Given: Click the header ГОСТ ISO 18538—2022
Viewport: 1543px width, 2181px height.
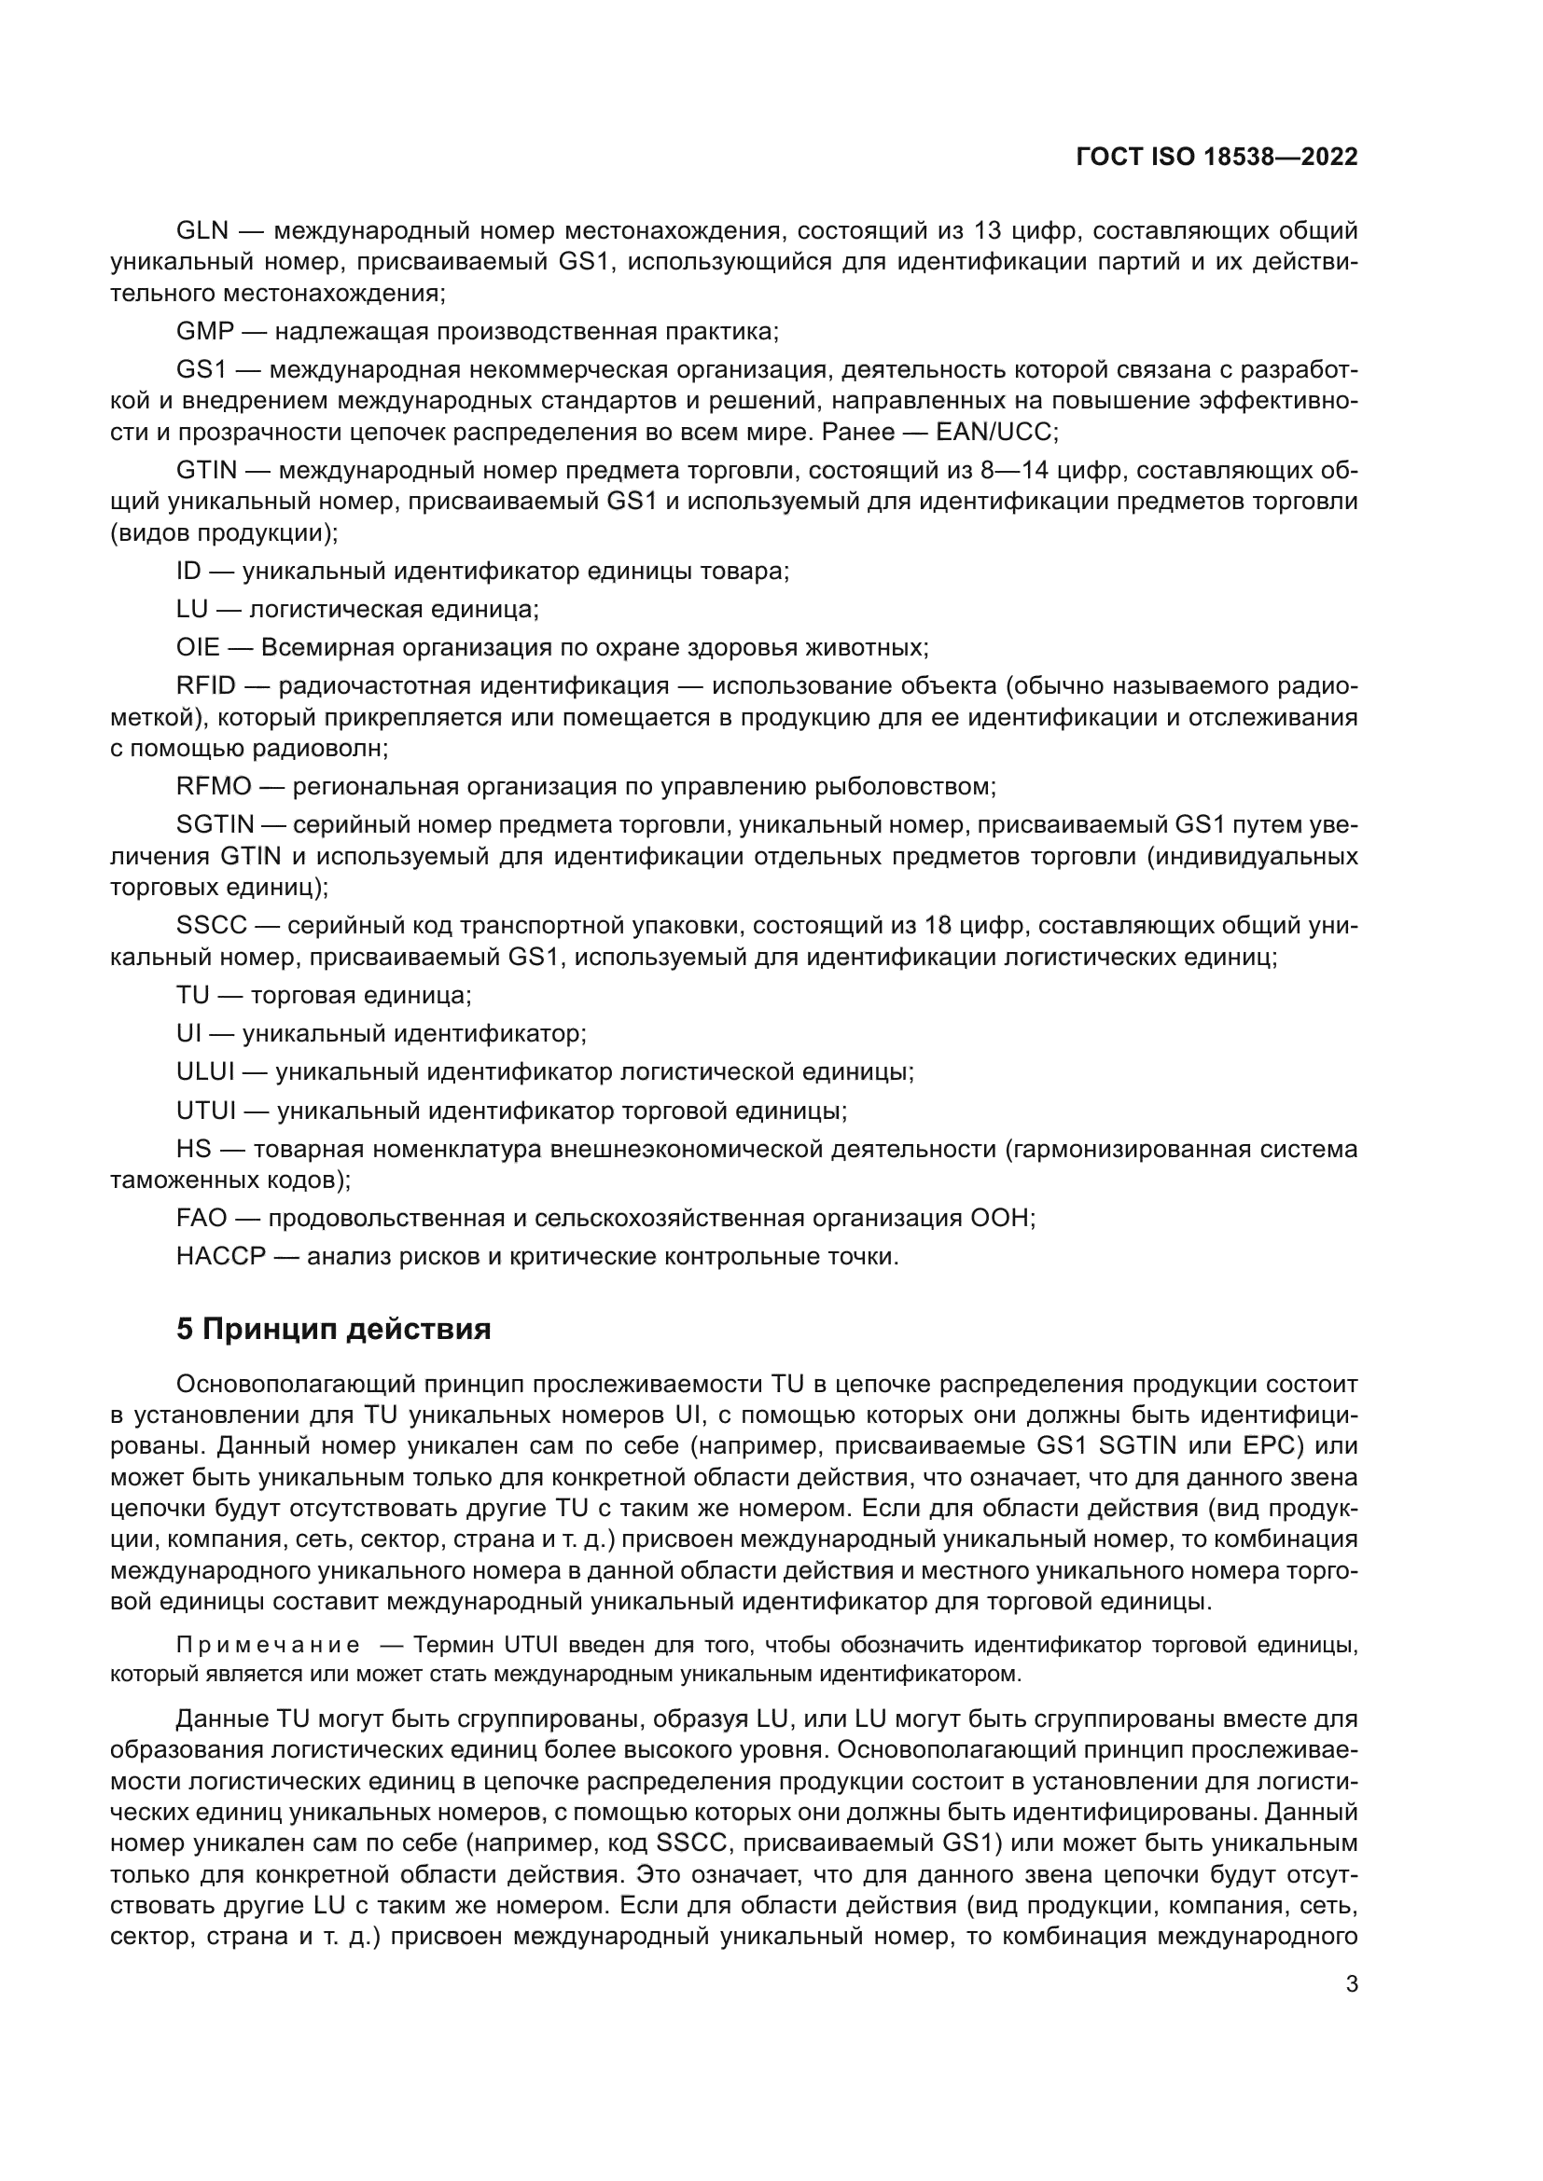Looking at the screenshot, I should point(1216,158).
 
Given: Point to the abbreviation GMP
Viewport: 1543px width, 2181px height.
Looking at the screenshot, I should point(204,332).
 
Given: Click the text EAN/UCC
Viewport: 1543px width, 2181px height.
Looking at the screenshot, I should point(994,433).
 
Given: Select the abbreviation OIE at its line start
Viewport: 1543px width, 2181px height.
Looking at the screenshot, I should point(198,648).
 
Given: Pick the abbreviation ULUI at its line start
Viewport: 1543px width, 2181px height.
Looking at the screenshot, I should point(205,1072).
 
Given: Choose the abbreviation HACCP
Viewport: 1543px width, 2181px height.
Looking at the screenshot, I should point(220,1257).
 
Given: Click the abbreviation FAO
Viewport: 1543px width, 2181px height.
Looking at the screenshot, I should point(202,1219).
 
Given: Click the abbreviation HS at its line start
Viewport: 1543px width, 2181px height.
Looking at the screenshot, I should point(193,1150).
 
